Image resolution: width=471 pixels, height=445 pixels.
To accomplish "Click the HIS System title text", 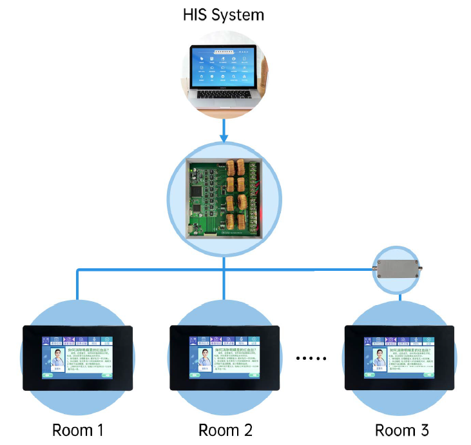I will pyautogui.click(x=223, y=15).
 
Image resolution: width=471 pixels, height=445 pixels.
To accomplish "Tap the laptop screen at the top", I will pyautogui.click(x=222, y=67).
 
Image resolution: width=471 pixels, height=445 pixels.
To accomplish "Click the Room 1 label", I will pyautogui.click(x=78, y=430).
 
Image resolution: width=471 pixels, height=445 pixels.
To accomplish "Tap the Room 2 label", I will pyautogui.click(x=225, y=430).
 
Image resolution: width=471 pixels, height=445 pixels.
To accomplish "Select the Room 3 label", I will pyautogui.click(x=401, y=430).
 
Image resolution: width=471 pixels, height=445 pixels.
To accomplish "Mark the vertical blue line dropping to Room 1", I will pyautogui.click(x=78, y=287).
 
